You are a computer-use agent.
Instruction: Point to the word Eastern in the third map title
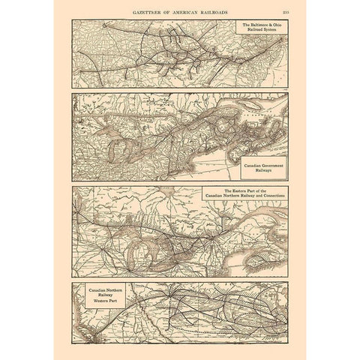click(227, 191)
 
